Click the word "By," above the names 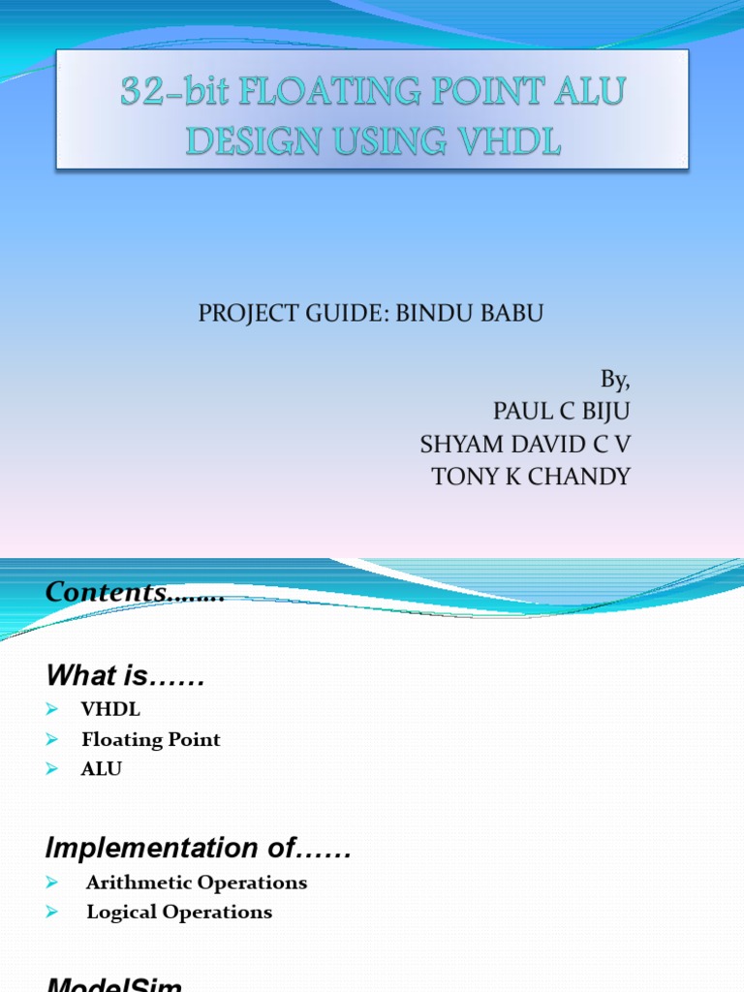[x=615, y=378]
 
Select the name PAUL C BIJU [x=562, y=411]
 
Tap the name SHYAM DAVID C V [x=525, y=444]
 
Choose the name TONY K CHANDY [x=531, y=477]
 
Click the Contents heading [x=135, y=593]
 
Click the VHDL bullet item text [x=110, y=710]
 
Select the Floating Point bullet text [x=151, y=740]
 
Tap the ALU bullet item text [x=102, y=769]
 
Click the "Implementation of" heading [x=199, y=849]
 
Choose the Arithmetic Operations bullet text [x=196, y=883]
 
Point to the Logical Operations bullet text [x=179, y=912]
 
